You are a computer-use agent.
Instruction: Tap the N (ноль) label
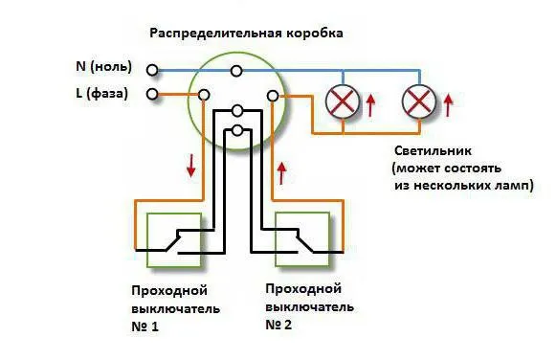coord(102,68)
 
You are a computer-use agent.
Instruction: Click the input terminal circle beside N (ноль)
coord(152,69)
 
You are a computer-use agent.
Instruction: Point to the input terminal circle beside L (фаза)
coord(152,94)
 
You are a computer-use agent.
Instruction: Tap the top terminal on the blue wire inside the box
coord(236,70)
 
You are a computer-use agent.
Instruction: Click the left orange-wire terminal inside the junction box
coord(204,95)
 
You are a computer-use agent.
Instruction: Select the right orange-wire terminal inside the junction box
coord(273,95)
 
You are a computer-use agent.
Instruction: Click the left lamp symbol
coord(342,101)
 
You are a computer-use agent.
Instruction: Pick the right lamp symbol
coord(417,101)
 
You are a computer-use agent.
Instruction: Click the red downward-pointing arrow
coord(191,165)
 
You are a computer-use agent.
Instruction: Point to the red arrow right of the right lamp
coord(447,102)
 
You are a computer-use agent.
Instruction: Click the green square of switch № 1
coord(173,238)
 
